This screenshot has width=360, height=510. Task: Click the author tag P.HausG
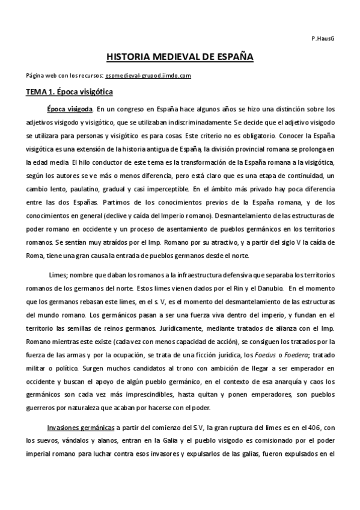click(x=323, y=38)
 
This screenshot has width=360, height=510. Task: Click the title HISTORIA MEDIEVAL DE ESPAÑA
click(x=180, y=57)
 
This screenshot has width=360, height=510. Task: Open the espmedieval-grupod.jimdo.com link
click(x=147, y=76)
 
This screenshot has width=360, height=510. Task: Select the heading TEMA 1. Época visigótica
click(x=69, y=93)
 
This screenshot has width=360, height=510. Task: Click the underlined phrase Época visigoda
click(x=70, y=110)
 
